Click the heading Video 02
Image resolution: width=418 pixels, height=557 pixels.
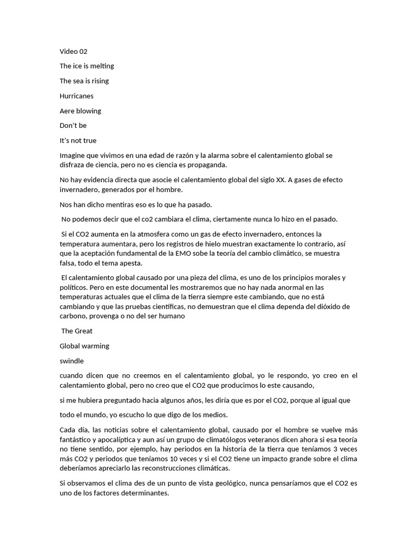click(x=73, y=52)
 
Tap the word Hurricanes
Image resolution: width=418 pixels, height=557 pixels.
click(x=76, y=96)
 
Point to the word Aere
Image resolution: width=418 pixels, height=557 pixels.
click(x=67, y=111)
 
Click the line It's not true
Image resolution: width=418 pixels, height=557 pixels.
click(x=78, y=140)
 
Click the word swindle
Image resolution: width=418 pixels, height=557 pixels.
click(x=71, y=361)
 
